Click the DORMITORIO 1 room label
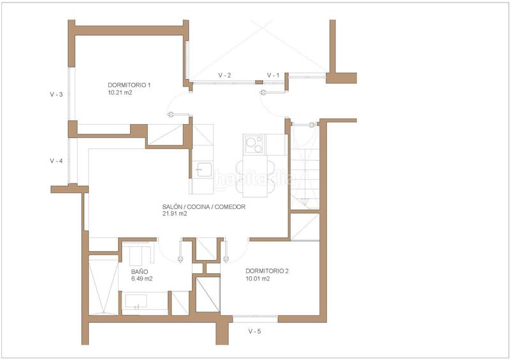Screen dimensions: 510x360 [x=129, y=85]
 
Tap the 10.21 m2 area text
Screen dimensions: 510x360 [x=120, y=92]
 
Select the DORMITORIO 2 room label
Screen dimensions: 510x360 [x=267, y=271]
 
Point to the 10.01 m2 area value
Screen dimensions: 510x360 [x=258, y=278]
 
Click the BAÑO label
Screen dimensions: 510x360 [x=140, y=271]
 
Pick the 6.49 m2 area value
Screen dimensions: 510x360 [x=142, y=279]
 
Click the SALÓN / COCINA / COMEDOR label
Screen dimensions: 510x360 [x=203, y=207]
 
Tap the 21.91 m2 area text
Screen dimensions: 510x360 [x=175, y=214]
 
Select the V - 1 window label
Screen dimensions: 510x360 [x=273, y=75]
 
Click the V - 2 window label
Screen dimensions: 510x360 [x=224, y=75]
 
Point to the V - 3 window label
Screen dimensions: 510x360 [x=56, y=95]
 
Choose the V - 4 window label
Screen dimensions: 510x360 [x=56, y=161]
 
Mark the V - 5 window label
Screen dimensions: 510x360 [x=254, y=332]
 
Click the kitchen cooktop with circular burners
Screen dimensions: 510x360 [x=254, y=145]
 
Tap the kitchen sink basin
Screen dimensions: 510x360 [x=204, y=169]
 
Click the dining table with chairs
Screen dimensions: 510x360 [x=255, y=176]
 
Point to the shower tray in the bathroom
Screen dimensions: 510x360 [x=103, y=285]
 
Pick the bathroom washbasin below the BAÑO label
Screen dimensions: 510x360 [x=136, y=301]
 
